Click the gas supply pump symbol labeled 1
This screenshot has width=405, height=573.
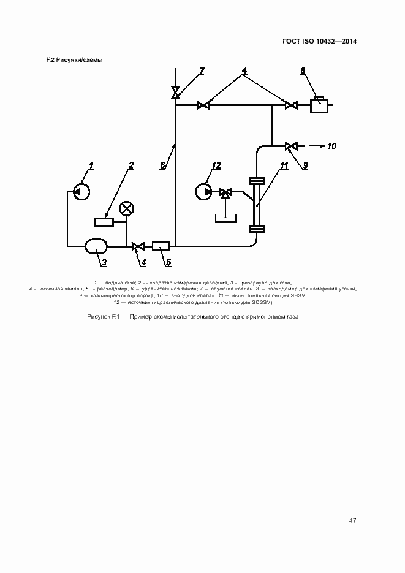81,191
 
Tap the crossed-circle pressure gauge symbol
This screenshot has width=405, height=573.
126,209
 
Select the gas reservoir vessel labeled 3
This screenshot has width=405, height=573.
96,246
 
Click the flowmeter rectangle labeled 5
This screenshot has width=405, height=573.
161,246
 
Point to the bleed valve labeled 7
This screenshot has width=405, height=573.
176,93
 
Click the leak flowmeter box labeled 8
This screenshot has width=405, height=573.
319,105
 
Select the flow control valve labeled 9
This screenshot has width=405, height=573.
291,146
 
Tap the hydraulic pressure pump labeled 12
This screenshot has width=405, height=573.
203,191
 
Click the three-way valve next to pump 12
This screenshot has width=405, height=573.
225,192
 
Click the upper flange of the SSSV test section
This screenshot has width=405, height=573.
257,181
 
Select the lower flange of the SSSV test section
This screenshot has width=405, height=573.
257,229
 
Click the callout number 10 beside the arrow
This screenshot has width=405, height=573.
331,146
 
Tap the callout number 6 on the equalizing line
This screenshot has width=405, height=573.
163,165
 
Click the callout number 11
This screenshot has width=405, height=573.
284,165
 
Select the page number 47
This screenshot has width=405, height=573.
352,520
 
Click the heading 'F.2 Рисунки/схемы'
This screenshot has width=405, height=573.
75,60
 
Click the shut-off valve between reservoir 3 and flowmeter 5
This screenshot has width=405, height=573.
138,247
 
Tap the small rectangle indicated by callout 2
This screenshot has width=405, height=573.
104,222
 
